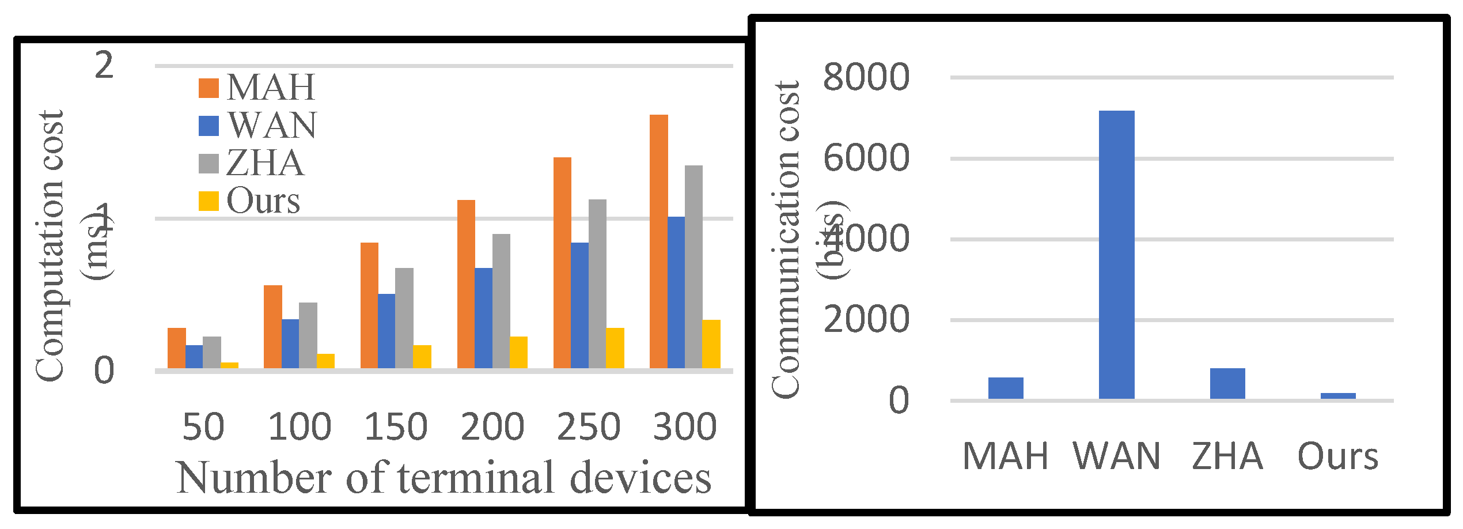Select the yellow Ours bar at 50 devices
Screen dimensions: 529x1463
click(229, 365)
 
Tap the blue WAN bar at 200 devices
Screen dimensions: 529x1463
click(483, 318)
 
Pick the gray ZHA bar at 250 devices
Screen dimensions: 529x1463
click(597, 284)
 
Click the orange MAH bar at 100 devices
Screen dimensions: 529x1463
click(272, 326)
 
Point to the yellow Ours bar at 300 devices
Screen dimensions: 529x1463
click(711, 343)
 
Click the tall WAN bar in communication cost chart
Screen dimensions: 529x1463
click(1116, 254)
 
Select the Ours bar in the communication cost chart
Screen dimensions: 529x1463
click(1337, 395)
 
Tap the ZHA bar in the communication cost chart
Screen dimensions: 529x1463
click(1227, 383)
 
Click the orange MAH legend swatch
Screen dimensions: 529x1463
click(209, 88)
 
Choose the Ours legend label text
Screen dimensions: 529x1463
click(263, 201)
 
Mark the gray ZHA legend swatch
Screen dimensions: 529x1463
click(209, 164)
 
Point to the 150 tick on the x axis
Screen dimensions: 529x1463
click(396, 427)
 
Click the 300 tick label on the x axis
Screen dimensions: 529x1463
click(685, 427)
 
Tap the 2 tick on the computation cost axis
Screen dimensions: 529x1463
click(104, 65)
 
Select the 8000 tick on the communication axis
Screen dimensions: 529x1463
click(866, 77)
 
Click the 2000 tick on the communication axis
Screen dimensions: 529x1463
click(866, 319)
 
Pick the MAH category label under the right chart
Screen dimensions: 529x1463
click(1005, 456)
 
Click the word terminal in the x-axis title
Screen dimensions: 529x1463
click(476, 478)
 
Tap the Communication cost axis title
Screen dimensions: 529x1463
click(786, 239)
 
